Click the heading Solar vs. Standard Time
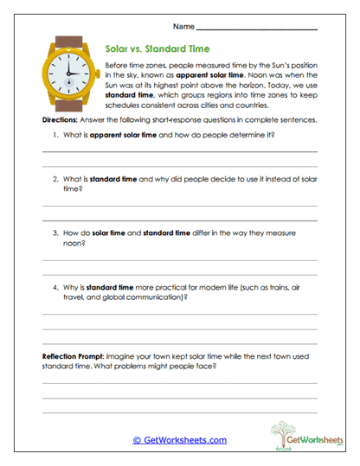[x=157, y=50]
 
